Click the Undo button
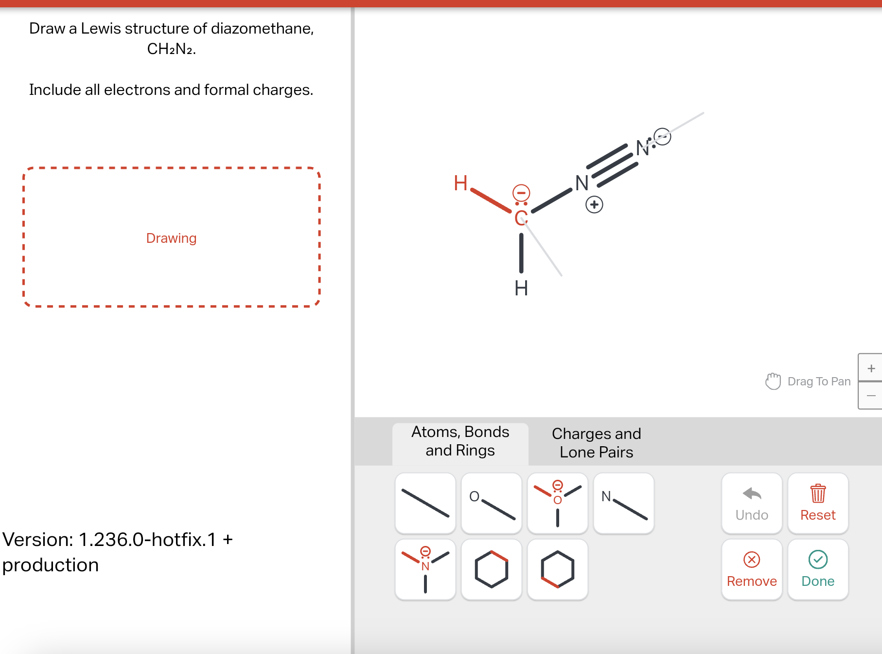point(752,504)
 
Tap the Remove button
point(752,569)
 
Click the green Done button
point(818,569)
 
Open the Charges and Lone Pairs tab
point(596,442)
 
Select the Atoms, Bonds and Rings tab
point(460,441)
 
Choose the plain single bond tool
point(425,503)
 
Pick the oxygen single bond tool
point(492,503)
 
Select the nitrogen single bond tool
point(624,503)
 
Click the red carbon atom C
point(521,218)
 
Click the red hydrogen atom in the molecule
point(460,183)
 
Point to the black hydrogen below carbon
point(521,288)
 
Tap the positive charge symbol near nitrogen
point(594,204)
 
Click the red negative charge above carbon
point(521,193)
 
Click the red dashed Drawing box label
point(171,238)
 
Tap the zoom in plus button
point(871,368)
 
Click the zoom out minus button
point(871,396)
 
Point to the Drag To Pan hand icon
point(773,381)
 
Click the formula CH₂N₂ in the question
point(171,49)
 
